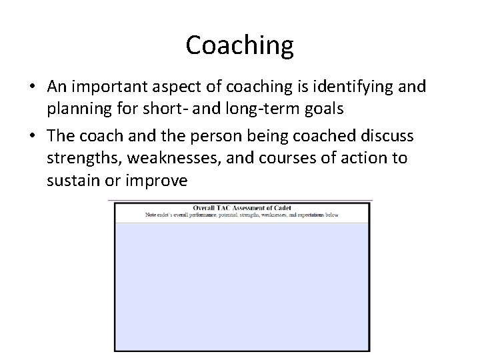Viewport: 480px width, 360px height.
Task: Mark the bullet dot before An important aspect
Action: click(x=34, y=87)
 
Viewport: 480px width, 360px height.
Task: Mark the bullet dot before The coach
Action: click(x=34, y=137)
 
